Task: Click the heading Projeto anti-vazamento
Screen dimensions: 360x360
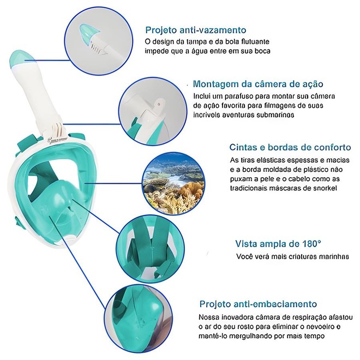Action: pos(196,30)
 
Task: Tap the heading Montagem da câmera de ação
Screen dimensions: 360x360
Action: pos(258,84)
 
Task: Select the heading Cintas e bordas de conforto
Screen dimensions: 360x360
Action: pos(290,147)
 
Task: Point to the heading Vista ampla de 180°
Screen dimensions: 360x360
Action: pos(278,243)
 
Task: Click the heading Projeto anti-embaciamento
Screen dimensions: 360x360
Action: pos(258,304)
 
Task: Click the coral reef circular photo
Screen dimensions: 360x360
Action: pos(173,183)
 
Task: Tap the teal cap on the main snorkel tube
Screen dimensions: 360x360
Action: pos(21,58)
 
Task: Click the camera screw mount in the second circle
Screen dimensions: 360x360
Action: pos(159,104)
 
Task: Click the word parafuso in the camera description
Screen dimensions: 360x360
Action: pos(231,96)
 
